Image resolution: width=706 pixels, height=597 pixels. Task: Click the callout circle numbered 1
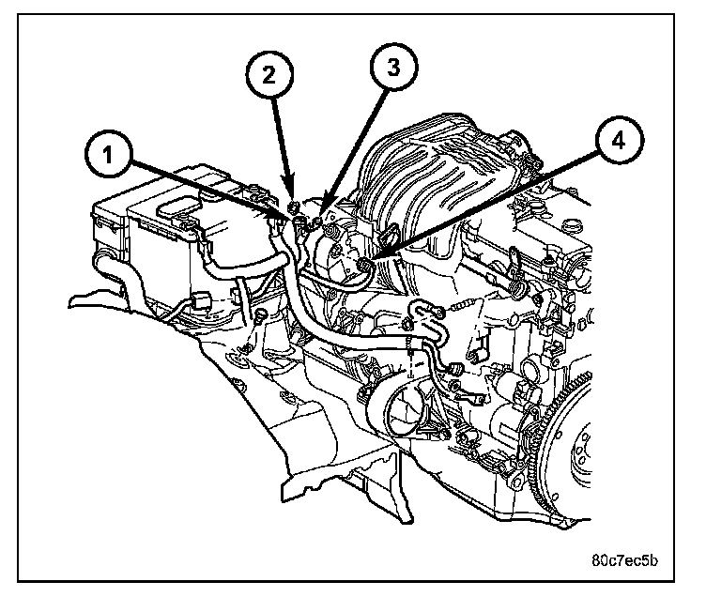tap(107, 155)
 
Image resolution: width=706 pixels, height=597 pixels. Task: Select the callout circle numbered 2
tap(269, 74)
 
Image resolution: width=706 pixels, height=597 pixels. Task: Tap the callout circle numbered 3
tap(393, 68)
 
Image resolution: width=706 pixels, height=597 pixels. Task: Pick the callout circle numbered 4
tap(619, 141)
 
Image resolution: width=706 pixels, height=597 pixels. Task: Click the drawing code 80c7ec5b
tap(624, 560)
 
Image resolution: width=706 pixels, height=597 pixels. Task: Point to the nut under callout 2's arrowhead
tap(293, 207)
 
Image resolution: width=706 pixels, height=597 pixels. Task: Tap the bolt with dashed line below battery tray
tap(259, 315)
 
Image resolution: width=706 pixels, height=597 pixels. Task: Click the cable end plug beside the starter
tap(455, 369)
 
